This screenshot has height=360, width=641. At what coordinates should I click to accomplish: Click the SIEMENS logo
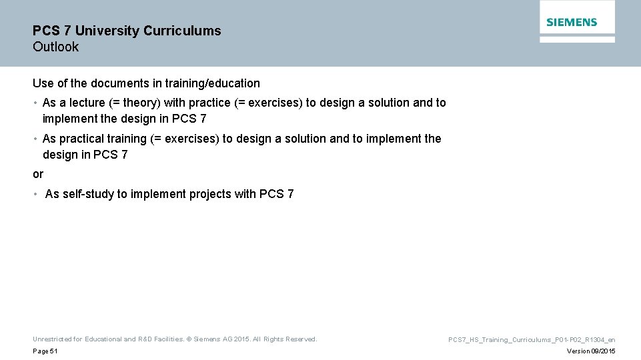(x=572, y=22)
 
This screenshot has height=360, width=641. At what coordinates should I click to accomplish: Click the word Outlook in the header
(x=55, y=47)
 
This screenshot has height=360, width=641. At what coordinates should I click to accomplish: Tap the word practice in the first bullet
(x=207, y=103)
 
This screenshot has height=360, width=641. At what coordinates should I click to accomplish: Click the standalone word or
(x=38, y=174)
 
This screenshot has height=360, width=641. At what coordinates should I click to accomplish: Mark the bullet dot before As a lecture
(x=35, y=103)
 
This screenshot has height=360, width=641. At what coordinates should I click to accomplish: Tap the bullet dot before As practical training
(x=35, y=139)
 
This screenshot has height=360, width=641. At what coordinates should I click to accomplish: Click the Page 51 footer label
(x=45, y=351)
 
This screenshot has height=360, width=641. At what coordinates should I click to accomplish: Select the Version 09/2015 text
(x=590, y=351)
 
